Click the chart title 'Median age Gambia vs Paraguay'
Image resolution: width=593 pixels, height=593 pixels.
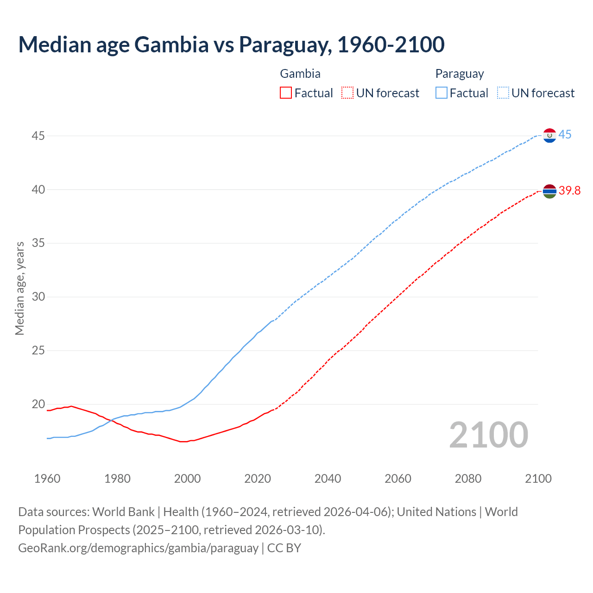[231, 44]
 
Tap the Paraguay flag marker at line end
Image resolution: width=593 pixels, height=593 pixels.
[549, 136]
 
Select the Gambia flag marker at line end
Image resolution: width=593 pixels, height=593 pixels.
[549, 191]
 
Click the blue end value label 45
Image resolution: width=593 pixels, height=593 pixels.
[565, 135]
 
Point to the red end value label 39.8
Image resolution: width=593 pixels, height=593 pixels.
[569, 191]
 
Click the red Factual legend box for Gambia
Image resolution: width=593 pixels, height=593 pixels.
[286, 93]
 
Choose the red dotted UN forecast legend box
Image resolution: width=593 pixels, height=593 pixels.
[347, 93]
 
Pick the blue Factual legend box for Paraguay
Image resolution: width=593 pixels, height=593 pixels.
[442, 93]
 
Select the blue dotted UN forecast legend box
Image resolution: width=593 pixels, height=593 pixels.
[503, 93]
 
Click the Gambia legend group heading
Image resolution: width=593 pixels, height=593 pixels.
[300, 74]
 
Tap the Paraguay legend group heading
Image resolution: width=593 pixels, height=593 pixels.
[459, 74]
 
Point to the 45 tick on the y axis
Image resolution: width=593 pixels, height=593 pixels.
[38, 136]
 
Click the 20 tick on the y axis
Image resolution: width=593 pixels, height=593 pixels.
[38, 404]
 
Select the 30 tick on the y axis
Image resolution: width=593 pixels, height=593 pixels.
[38, 297]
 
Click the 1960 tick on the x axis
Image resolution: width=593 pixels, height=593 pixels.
[47, 479]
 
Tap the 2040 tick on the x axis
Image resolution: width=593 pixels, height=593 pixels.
[328, 479]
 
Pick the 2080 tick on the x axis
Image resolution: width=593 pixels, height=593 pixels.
[468, 479]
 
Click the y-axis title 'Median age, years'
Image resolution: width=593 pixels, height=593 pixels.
[19, 288]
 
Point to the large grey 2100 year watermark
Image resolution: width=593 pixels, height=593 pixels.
[488, 435]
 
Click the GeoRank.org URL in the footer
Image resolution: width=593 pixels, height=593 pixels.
[138, 548]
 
